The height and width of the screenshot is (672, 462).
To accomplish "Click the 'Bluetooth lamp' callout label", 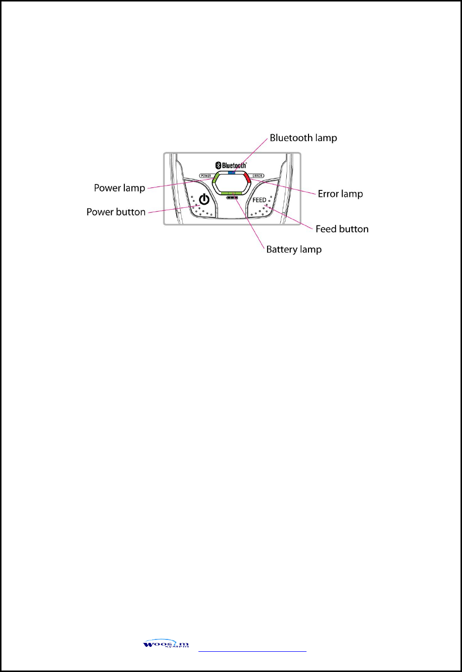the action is [303, 138].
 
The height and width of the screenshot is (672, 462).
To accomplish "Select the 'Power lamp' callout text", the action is [119, 188].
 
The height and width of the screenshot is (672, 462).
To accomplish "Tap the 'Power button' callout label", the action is [116, 212].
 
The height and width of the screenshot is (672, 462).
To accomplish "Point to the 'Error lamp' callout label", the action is [340, 194].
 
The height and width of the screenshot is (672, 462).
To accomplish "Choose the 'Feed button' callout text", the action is [342, 229].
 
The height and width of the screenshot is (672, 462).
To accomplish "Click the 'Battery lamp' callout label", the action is [294, 250].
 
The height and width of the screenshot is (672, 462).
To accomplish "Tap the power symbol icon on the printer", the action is [204, 200].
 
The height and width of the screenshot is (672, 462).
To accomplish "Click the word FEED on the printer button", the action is [259, 200].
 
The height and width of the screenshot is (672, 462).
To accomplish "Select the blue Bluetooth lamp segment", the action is [232, 173].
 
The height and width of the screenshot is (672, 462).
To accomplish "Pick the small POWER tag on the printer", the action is [206, 176].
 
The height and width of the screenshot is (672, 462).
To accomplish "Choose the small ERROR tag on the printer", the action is [258, 176].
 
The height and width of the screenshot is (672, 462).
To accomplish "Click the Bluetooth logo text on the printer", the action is [234, 166].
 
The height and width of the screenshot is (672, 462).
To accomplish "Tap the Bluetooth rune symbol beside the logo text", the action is [218, 166].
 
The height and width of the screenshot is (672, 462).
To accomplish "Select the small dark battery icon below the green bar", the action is [231, 198].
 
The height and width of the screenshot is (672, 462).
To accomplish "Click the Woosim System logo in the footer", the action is [166, 644].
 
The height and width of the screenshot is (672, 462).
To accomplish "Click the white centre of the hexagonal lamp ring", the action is [231, 184].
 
